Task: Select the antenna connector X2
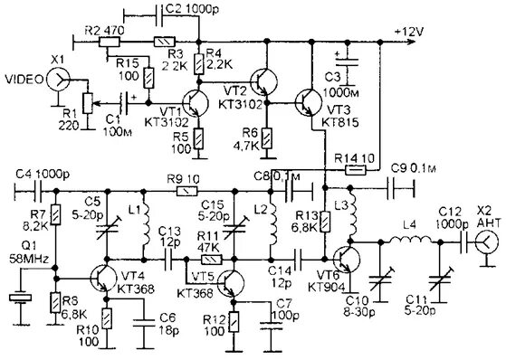click(x=485, y=242)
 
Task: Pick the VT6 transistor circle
click(x=345, y=258)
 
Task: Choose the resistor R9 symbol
click(x=189, y=191)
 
